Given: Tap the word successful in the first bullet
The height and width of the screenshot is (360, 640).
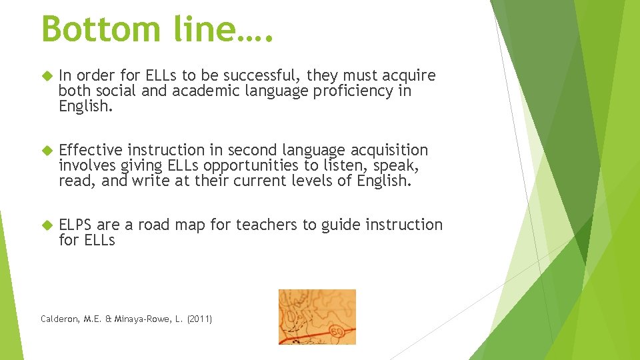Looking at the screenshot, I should tap(254, 75).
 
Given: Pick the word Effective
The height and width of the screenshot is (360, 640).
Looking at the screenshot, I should tap(91, 150).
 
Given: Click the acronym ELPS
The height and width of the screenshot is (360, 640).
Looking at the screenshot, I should tap(75, 225).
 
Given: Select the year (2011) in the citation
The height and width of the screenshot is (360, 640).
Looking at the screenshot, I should tap(199, 319).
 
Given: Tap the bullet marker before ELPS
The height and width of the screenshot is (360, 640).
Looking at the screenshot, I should tap(47, 225).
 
